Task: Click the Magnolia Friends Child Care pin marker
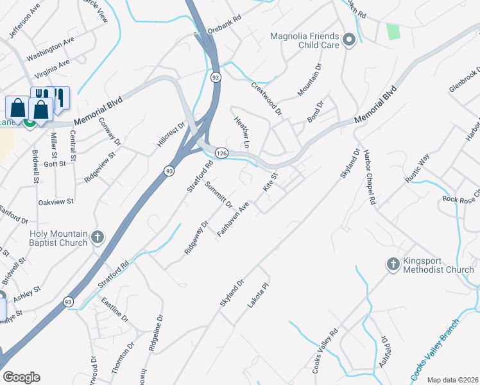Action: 349,40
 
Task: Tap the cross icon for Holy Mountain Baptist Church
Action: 97,237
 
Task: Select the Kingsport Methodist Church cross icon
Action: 393,264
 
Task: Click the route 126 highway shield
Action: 221,153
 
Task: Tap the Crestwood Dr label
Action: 266,98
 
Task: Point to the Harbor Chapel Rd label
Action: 368,178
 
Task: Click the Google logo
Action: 21,377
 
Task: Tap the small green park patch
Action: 392,30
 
